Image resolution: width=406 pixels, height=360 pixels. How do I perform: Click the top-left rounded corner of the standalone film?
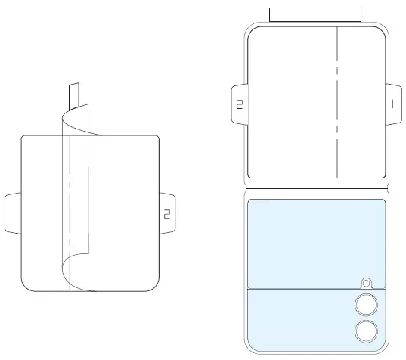click(25, 139)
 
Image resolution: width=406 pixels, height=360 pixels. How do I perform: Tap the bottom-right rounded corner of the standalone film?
click(155, 288)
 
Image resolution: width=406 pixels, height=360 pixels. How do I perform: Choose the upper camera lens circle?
click(367, 304)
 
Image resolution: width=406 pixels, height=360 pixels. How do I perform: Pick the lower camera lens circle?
click(367, 331)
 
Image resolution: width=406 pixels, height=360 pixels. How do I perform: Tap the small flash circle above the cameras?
click(367, 283)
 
